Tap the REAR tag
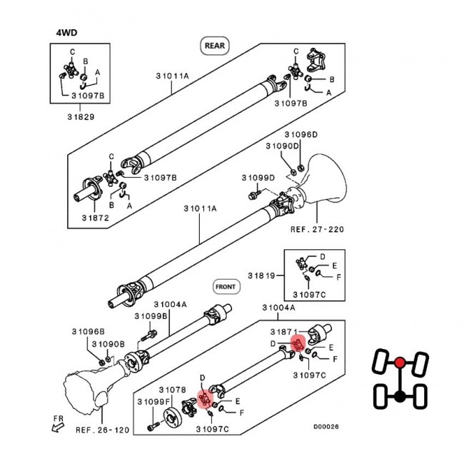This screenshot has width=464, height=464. (214, 45)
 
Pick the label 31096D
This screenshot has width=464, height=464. (301, 134)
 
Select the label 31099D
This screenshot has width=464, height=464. (258, 177)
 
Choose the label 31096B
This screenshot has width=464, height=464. (89, 331)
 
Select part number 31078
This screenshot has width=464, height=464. (172, 390)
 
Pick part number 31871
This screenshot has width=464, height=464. (282, 333)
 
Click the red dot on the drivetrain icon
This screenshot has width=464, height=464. (401, 362)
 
